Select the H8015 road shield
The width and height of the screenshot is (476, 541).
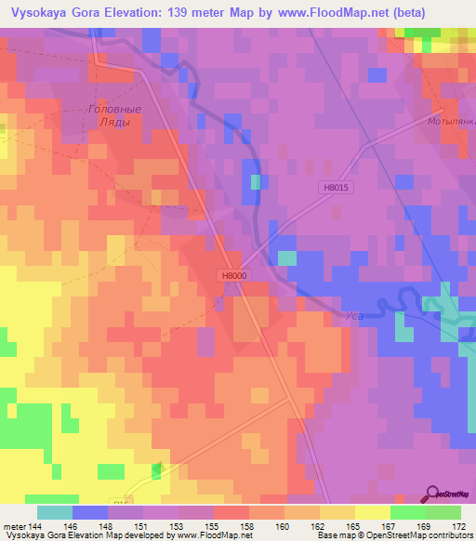340,187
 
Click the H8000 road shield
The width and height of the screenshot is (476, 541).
234,275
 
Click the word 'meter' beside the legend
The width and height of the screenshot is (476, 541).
13,525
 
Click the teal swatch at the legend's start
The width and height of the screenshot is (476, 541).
54,512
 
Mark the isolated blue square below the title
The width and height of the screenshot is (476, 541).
152,39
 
